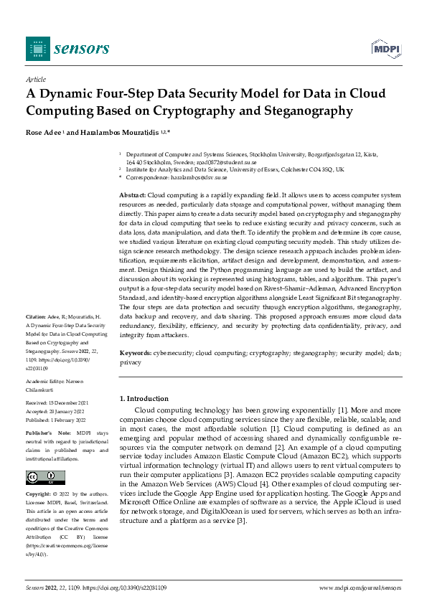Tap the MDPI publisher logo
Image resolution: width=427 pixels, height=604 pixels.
385,48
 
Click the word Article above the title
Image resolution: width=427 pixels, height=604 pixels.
35,80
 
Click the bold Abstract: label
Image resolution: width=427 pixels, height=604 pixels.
132,195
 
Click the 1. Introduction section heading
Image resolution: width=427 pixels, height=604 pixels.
144,399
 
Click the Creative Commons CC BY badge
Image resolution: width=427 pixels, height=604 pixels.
45,478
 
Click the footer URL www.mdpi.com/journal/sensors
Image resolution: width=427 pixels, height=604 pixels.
359,588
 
